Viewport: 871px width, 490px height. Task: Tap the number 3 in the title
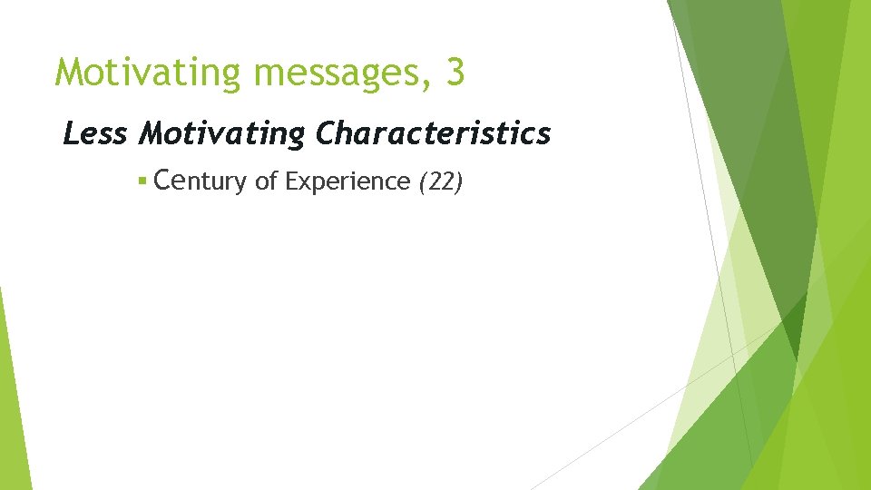pyautogui.click(x=455, y=73)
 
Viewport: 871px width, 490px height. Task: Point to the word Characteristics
pyautogui.click(x=433, y=134)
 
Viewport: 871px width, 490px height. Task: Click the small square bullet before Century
pyautogui.click(x=142, y=181)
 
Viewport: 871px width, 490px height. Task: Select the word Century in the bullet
pyautogui.click(x=201, y=181)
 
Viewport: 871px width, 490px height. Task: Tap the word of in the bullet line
pyautogui.click(x=266, y=181)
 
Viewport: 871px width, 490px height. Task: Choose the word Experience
pyautogui.click(x=347, y=182)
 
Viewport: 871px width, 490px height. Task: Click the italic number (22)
pyautogui.click(x=441, y=182)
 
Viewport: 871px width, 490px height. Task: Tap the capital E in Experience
pyautogui.click(x=291, y=181)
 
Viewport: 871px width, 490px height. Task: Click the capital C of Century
pyautogui.click(x=164, y=181)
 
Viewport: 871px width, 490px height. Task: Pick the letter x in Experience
pyautogui.click(x=304, y=183)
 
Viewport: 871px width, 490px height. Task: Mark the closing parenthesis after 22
pyautogui.click(x=460, y=182)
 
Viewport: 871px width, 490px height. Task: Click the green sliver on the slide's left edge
pyautogui.click(x=11, y=399)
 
